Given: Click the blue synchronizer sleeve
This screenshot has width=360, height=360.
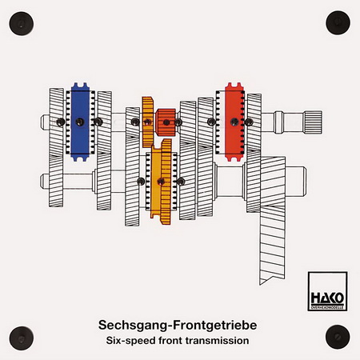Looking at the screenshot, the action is pos(80,122).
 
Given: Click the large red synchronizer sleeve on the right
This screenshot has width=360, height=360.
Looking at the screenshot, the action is pos(234,122).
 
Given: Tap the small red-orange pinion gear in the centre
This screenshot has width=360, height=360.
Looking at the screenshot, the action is pos(166,122).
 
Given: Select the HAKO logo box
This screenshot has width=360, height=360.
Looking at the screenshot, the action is pos(327,291).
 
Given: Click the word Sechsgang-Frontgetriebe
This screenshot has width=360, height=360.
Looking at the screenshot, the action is pos(178,325).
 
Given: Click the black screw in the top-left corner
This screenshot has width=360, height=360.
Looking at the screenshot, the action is pos(22,23).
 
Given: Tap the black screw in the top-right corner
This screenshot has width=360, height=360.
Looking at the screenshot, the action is pos(338,22).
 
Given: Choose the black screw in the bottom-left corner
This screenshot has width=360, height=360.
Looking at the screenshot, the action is pos(22,338).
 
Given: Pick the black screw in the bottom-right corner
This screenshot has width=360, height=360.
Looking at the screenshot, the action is pos(338,337).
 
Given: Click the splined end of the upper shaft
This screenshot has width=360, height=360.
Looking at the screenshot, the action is pos(314,122).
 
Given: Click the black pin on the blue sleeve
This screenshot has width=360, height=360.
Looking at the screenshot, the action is pos(80,122).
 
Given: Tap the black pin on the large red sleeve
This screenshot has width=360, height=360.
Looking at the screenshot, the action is pos(234,122).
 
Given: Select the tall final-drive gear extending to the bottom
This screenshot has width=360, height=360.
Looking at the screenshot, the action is pos(272,221).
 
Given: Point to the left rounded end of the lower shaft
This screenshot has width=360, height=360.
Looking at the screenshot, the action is pos(44,182).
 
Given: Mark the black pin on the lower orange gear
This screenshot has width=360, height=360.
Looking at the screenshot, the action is pos(161,182).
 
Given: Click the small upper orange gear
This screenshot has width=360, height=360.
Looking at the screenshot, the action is pos(148,122).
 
